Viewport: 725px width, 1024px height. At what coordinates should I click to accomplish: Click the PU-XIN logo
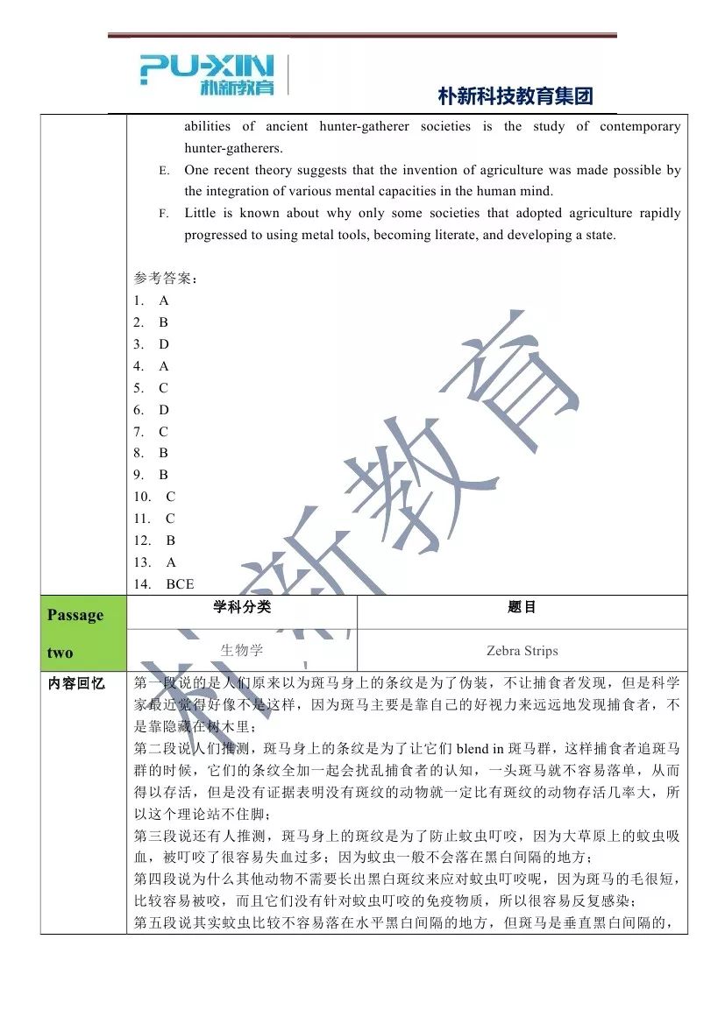[207, 74]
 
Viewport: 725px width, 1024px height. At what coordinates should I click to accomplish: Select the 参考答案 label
[166, 279]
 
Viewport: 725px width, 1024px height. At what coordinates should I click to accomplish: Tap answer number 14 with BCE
[164, 584]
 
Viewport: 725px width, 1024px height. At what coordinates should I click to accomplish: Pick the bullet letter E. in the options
[165, 171]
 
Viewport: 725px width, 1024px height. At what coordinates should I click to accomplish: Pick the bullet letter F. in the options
[165, 214]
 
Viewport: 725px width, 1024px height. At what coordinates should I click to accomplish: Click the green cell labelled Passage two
[82, 633]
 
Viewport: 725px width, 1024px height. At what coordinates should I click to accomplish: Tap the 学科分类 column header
[242, 607]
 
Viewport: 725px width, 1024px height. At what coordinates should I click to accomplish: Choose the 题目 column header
[522, 607]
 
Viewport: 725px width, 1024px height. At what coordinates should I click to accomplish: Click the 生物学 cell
[242, 651]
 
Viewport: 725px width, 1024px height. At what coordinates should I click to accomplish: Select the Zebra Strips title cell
[522, 651]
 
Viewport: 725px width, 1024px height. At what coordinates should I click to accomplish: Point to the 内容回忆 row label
[76, 683]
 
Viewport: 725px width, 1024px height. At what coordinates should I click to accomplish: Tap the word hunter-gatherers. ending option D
[233, 148]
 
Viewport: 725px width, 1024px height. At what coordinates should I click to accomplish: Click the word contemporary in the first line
[640, 127]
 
